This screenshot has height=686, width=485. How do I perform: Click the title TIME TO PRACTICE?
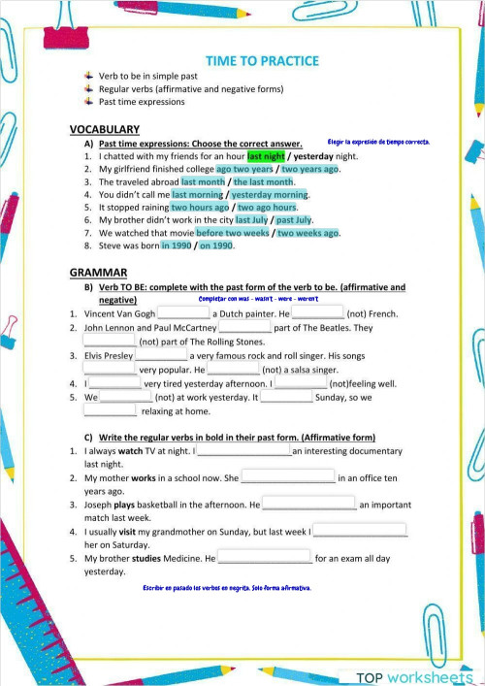pos(262,61)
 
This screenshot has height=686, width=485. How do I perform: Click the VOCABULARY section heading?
pos(105,129)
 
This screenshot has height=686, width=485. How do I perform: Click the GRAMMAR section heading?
pos(98,273)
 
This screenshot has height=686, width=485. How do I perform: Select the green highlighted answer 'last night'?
pos(266,155)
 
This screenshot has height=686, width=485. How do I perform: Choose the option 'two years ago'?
pos(309,169)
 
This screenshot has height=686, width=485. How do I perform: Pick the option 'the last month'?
pos(263,182)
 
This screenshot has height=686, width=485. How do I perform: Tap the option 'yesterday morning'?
pos(269,195)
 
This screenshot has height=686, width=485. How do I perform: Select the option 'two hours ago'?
pos(200,208)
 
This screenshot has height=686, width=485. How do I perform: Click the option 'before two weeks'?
pos(232,233)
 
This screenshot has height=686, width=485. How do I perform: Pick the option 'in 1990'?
pos(178,245)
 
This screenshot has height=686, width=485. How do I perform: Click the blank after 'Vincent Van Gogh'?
pos(183,313)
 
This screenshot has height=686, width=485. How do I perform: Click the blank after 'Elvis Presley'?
pos(161,355)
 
